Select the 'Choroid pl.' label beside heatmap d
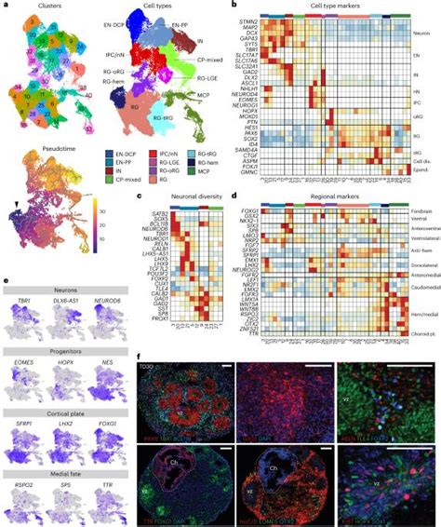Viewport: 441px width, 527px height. pos(421,331)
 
